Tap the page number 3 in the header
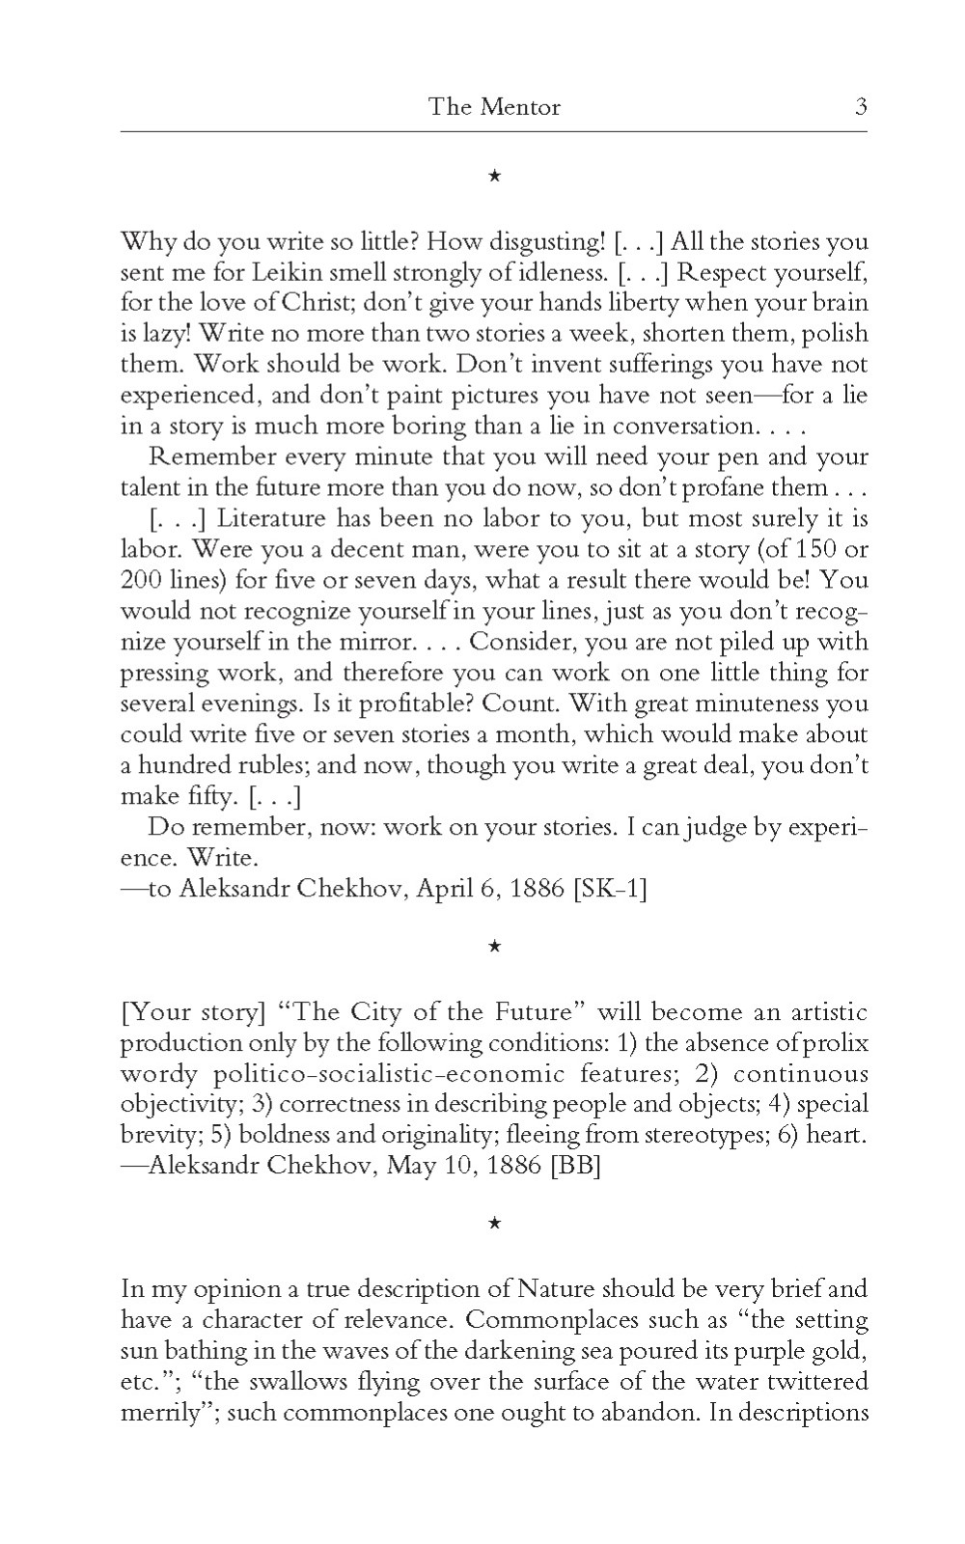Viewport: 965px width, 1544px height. tap(860, 106)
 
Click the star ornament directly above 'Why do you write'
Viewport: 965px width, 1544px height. tap(493, 176)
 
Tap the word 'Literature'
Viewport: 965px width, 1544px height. tap(272, 519)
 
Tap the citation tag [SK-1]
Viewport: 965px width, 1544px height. tap(610, 888)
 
